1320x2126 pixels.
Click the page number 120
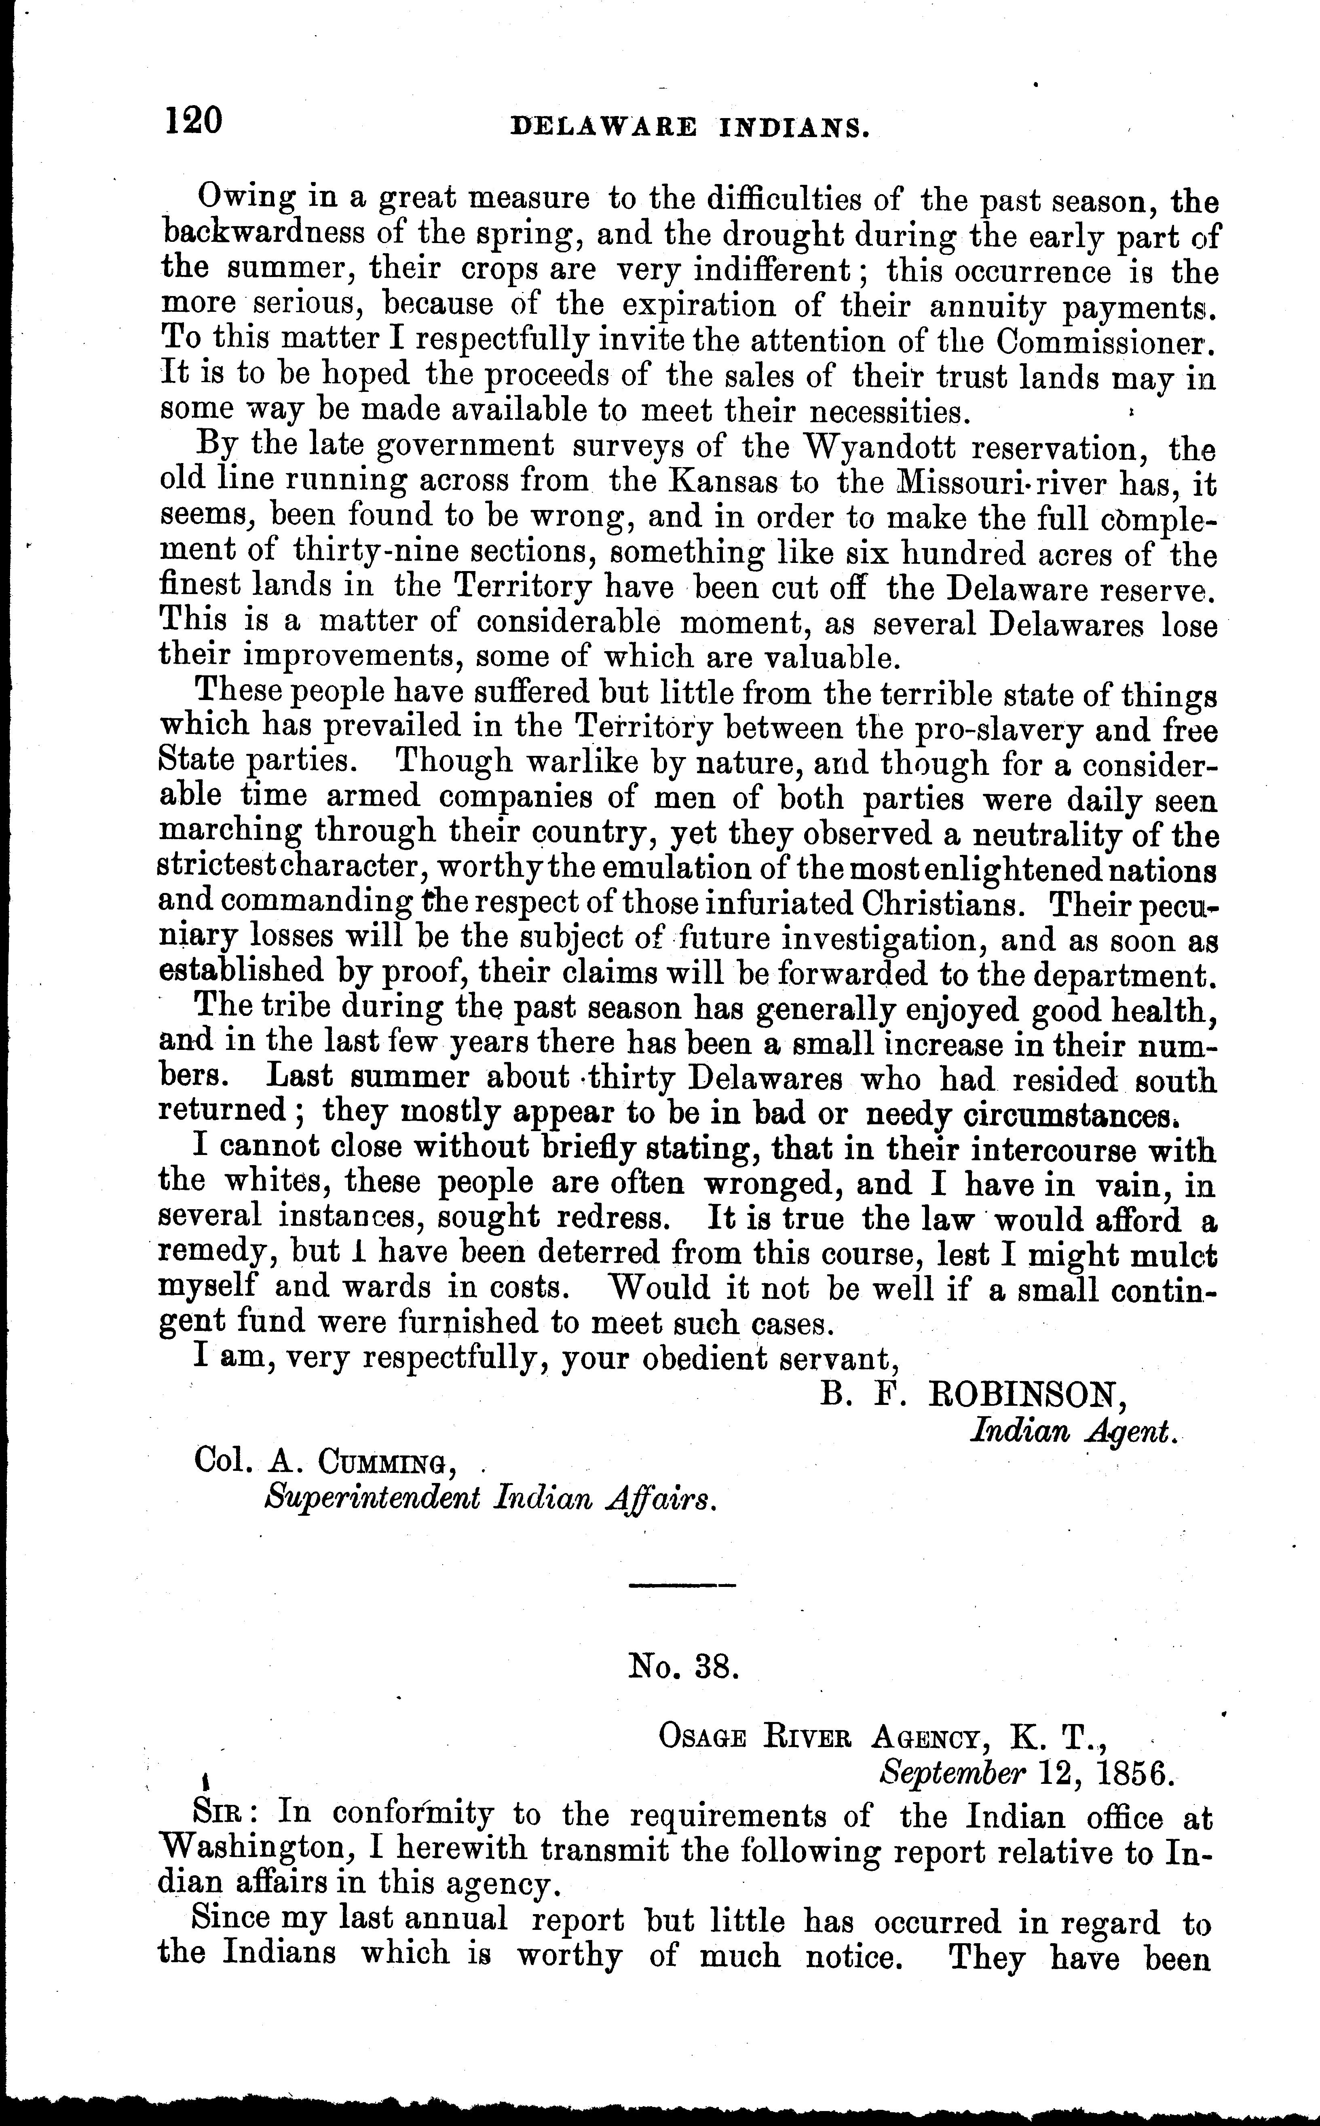click(194, 120)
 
